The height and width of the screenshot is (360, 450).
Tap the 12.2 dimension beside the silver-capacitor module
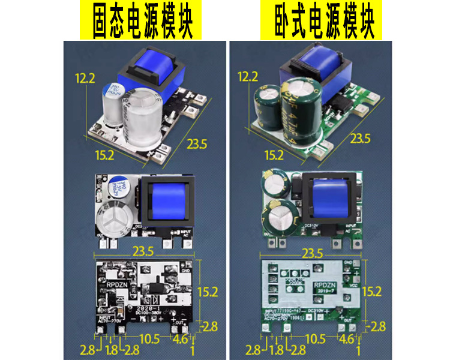pos(85,77)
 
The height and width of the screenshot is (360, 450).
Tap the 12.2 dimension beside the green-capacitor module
pos(248,77)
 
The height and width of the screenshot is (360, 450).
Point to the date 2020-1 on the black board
pos(148,305)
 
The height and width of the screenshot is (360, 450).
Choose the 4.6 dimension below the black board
pos(179,340)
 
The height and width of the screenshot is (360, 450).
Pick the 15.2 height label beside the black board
pos(208,292)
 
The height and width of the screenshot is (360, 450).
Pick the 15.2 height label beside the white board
pos(372,292)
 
